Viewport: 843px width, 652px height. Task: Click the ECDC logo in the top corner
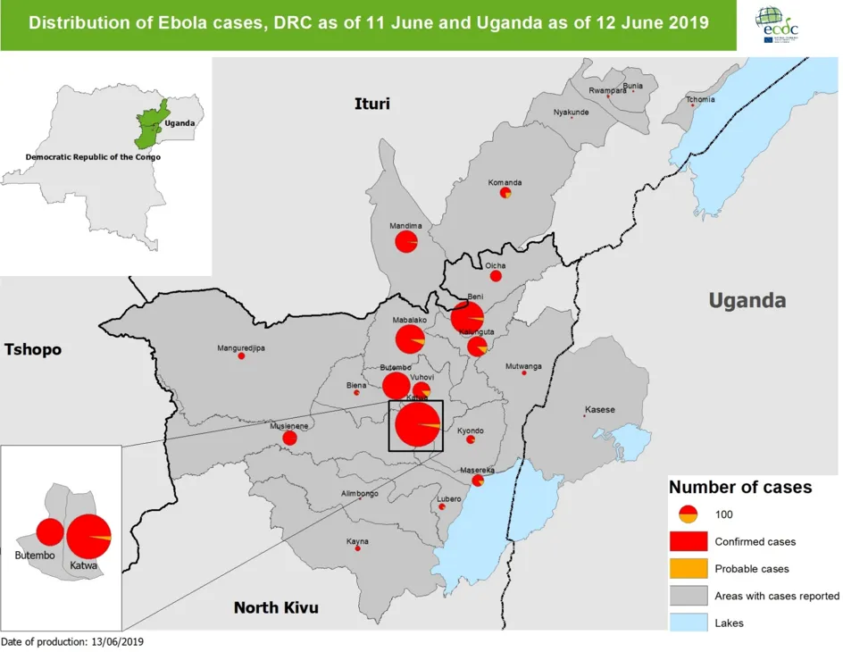coord(777,25)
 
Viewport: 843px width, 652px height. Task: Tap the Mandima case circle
coord(406,242)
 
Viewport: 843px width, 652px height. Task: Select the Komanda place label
coord(505,183)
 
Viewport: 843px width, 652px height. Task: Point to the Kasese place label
coord(599,410)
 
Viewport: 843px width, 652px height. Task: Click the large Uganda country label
coord(747,300)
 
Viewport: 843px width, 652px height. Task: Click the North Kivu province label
coord(276,608)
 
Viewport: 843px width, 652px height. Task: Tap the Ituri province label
coord(372,104)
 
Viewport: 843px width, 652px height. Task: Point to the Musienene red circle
coord(289,438)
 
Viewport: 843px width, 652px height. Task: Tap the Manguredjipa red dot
coord(241,356)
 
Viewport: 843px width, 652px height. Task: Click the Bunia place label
coord(632,86)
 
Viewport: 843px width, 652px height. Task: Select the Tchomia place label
coord(700,99)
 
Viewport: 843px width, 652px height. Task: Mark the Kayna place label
coord(357,541)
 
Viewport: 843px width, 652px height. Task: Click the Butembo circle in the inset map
coord(50,532)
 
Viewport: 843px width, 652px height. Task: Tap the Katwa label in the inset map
coord(83,566)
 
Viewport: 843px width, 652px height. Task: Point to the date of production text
coord(71,641)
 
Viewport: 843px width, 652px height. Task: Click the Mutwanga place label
coord(523,366)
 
